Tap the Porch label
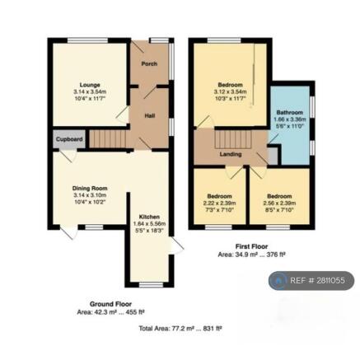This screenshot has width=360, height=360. coord(148,63)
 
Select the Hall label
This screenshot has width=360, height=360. coord(149,115)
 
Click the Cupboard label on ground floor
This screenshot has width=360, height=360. coord(69,140)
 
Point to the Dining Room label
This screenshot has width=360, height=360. coord(85,188)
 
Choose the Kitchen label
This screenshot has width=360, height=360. coord(149,216)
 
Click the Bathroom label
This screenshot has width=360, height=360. coord(288,112)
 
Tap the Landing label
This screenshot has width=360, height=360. coord(231,155)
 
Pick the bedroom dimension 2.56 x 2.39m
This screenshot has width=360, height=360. coord(274,203)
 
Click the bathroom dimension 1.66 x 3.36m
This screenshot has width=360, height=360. coord(288,119)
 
